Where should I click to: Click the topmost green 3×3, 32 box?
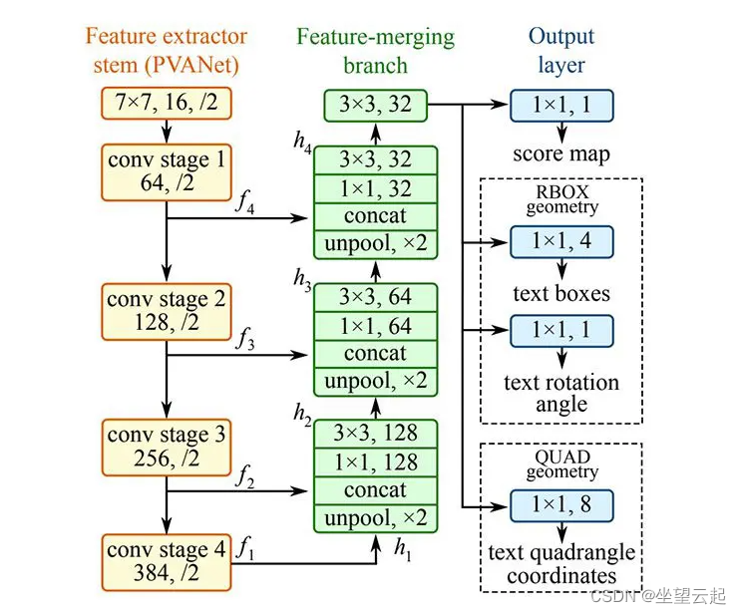click(374, 104)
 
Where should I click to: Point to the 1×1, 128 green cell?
click(374, 461)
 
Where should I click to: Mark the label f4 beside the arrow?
click(243, 203)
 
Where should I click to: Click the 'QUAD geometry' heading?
click(561, 463)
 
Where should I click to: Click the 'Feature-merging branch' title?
click(374, 51)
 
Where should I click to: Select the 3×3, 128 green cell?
click(374, 434)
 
